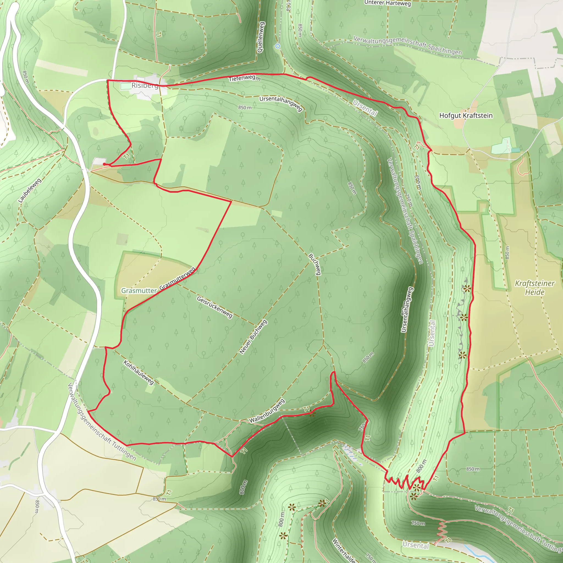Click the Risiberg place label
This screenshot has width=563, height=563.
(x=145, y=85)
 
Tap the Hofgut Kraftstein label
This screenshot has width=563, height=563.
(x=466, y=116)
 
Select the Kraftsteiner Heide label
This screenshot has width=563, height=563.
(x=534, y=287)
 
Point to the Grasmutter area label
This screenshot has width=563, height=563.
(x=139, y=291)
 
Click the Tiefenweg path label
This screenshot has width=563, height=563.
(x=242, y=78)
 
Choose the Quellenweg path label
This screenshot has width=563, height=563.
(x=261, y=37)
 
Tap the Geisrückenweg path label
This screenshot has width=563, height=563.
(x=214, y=307)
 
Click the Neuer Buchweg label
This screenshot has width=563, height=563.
(x=253, y=337)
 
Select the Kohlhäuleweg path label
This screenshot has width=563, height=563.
(x=139, y=372)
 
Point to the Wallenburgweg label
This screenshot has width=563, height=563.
(x=267, y=411)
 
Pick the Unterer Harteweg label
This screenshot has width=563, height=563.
(x=387, y=3)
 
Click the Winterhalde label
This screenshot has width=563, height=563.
(x=344, y=550)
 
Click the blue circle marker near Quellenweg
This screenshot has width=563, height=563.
(x=278, y=46)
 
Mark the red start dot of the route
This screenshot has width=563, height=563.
(x=104, y=164)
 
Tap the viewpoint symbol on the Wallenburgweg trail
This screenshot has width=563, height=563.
(x=312, y=413)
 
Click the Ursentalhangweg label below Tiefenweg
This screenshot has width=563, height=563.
(x=281, y=103)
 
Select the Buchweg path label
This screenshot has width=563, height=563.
(x=315, y=264)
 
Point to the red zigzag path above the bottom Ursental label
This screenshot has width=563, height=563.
(x=442, y=530)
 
